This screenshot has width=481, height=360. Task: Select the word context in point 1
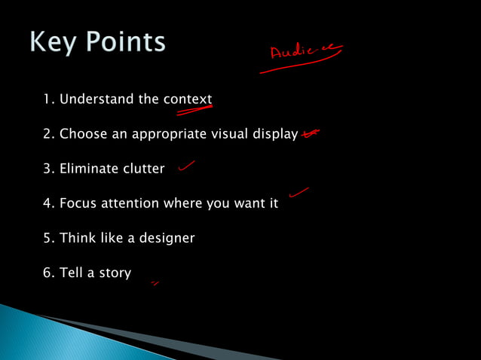(188, 99)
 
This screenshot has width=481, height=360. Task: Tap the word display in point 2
(274, 135)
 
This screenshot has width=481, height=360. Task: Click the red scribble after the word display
(309, 134)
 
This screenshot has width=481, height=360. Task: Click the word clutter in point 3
(143, 169)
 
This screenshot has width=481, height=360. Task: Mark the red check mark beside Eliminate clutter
(186, 166)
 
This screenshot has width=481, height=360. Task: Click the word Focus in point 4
(79, 203)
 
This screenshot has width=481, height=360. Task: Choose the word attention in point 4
(133, 203)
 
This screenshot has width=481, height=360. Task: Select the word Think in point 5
(77, 238)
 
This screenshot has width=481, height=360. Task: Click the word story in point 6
(115, 273)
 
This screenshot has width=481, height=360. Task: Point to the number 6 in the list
(47, 273)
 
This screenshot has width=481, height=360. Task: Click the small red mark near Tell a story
(155, 283)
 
